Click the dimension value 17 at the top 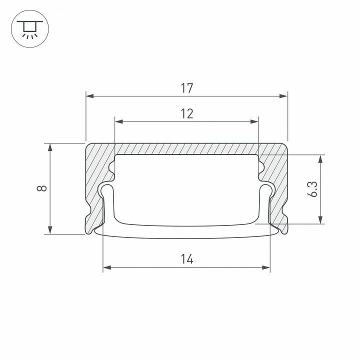pyautogui.click(x=187, y=88)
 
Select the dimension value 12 pyautogui.click(x=187, y=114)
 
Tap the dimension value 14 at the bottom pyautogui.click(x=187, y=259)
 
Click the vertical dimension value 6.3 pyautogui.click(x=313, y=188)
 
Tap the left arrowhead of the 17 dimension pyautogui.click(x=89, y=95)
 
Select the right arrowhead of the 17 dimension pyautogui.click(x=284, y=95)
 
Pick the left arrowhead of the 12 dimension pyautogui.click(x=118, y=120)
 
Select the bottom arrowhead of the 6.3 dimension pyautogui.click(x=320, y=220)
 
